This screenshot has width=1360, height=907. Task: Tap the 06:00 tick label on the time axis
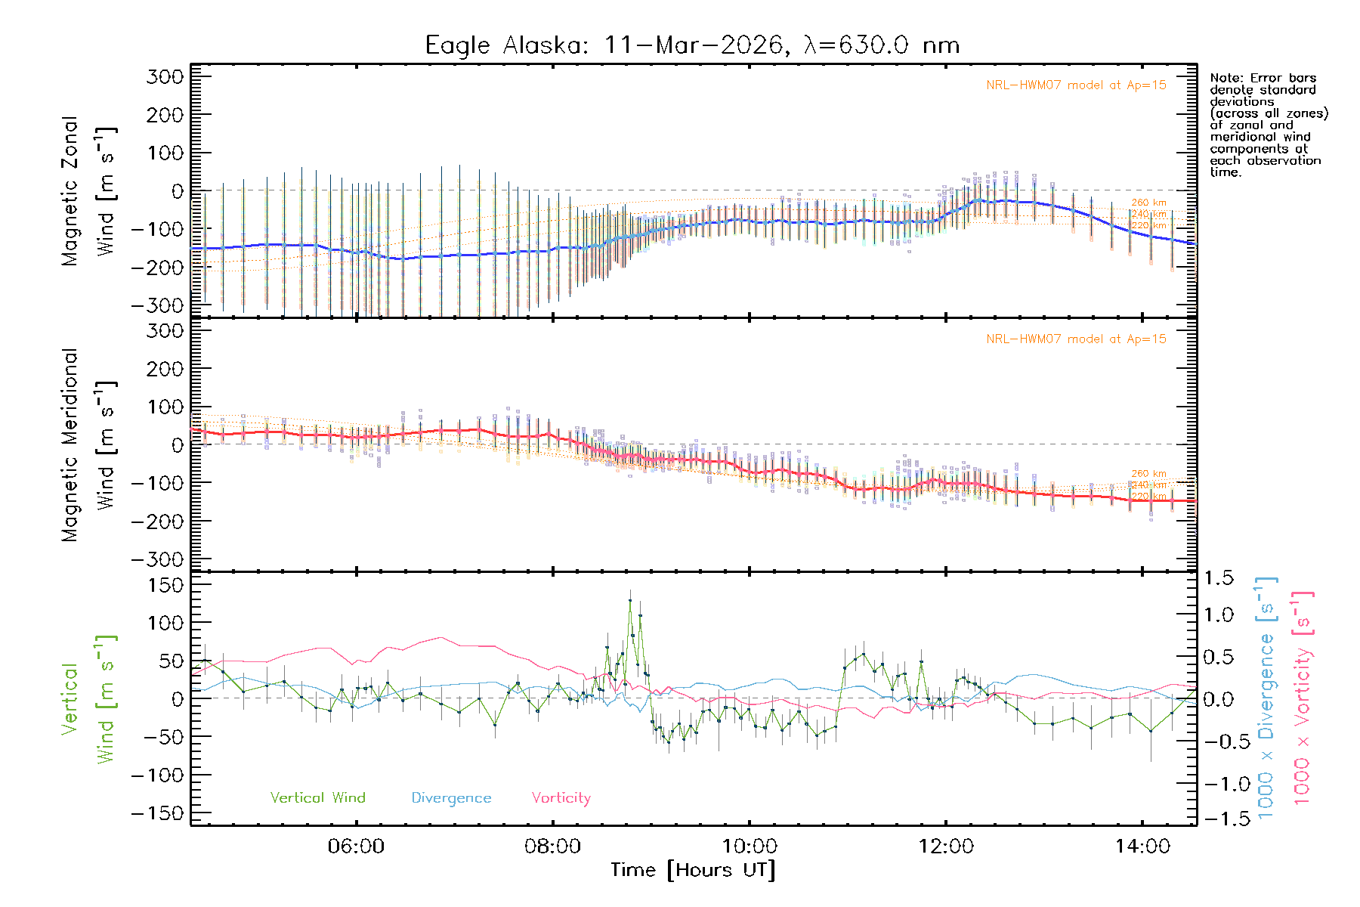356,847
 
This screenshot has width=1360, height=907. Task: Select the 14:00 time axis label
1142,847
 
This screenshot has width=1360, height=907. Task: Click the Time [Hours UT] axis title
693,870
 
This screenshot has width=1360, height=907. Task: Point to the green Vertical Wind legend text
317,797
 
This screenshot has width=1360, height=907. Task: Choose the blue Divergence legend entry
451,798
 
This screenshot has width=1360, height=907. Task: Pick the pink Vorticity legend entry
561,797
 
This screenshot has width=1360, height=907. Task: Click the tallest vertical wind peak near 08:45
630,601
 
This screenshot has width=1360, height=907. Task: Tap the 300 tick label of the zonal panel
165,76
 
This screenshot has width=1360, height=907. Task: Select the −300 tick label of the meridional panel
157,559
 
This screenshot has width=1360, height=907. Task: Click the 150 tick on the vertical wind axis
165,585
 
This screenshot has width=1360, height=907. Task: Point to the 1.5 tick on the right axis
1219,578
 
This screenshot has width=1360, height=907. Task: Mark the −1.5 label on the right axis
1219,819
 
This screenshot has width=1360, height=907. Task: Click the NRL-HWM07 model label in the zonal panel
1076,85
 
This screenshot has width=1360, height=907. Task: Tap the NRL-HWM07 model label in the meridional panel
1076,339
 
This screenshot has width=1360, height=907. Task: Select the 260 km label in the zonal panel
1148,203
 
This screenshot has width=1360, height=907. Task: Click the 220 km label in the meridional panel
1148,496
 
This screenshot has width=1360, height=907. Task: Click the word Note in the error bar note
1225,78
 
